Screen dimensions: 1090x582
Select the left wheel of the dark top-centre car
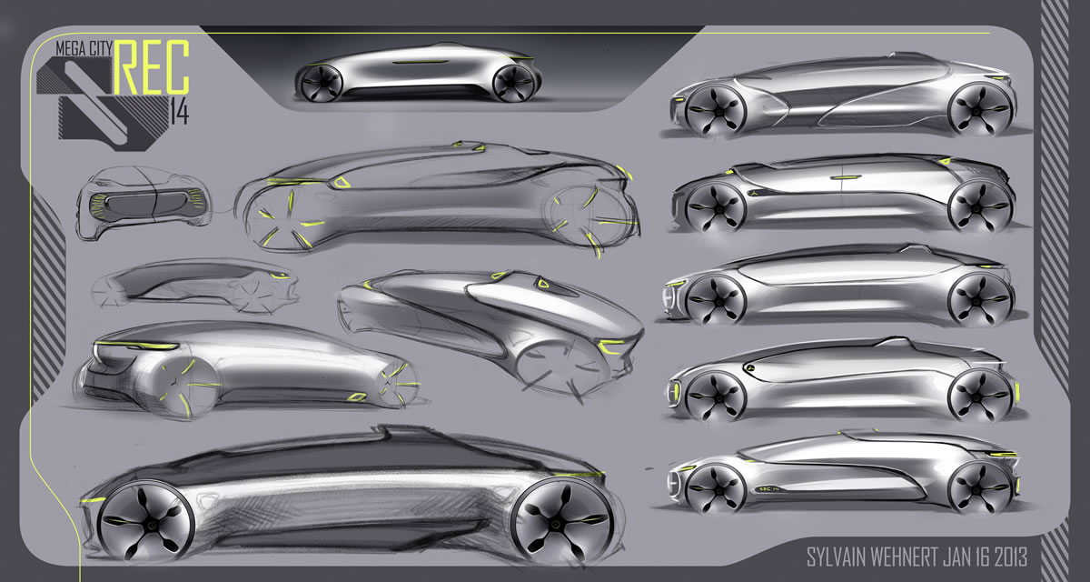(319, 84)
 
